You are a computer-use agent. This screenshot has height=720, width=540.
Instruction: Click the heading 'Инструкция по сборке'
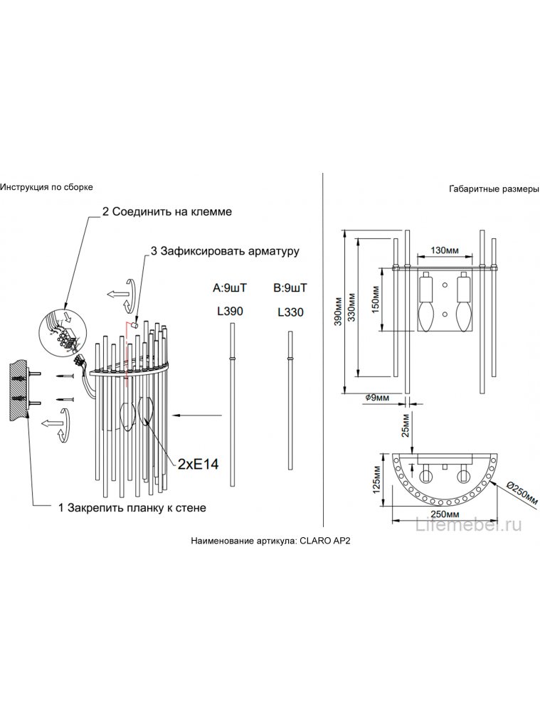coord(46,187)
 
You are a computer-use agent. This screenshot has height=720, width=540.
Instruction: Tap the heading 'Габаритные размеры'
coord(494,189)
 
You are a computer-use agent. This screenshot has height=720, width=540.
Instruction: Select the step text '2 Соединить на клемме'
coord(166,212)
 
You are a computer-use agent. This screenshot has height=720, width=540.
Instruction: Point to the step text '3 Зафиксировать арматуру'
coord(225,251)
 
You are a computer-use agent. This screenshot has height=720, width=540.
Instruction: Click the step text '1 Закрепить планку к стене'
coord(132,508)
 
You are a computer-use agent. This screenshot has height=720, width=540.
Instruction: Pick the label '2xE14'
coord(198,464)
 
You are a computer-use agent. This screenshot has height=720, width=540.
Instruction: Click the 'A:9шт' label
coord(230,288)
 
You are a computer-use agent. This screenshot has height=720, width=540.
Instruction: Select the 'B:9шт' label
coord(290,288)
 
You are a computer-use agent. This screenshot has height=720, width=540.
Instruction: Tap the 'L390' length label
coord(230,312)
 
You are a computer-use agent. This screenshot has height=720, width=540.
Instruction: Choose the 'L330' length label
coord(291,312)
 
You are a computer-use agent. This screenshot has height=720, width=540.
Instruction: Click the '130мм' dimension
coord(445,250)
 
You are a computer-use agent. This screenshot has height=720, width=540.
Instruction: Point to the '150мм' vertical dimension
coord(375,300)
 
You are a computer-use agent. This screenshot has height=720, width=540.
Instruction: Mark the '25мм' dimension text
coord(405,425)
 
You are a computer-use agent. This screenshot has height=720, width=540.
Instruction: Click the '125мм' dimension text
coord(376,480)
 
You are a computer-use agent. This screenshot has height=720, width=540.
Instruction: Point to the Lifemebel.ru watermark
coord(468,524)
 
